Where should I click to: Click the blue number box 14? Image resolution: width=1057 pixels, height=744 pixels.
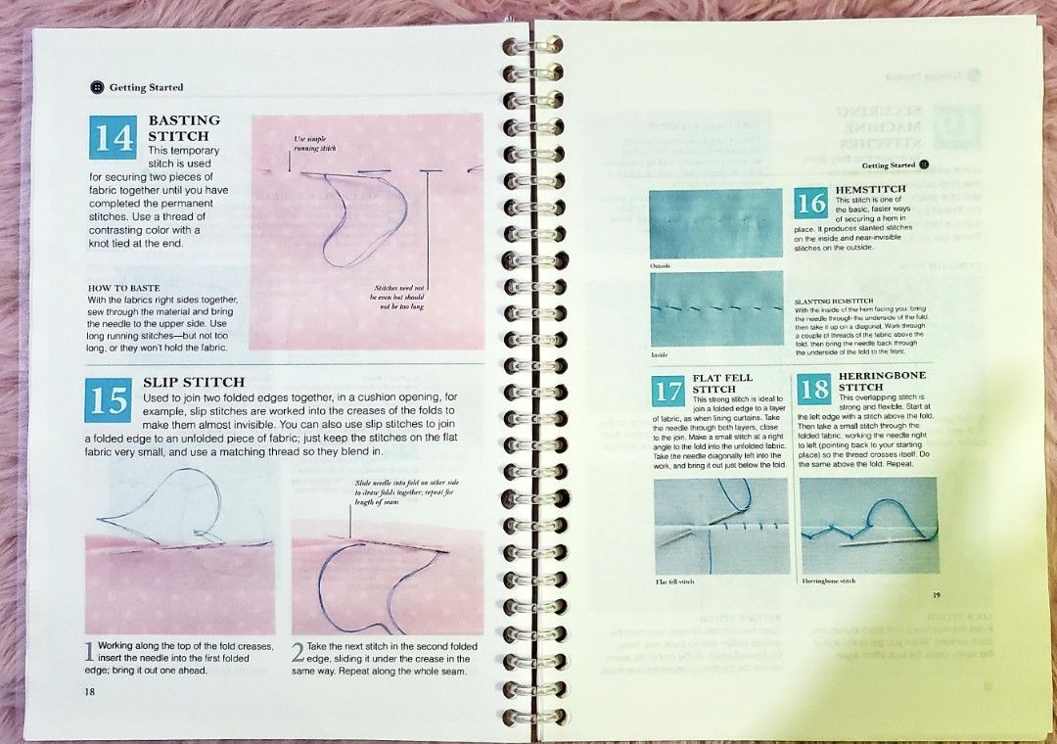click(x=115, y=138)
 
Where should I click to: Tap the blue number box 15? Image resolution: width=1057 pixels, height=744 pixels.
click(x=111, y=399)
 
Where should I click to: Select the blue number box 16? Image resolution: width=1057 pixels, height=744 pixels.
click(x=811, y=204)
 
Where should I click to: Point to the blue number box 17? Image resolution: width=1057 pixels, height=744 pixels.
click(x=668, y=391)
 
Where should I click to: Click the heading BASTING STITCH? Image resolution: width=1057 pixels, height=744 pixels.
click(x=184, y=127)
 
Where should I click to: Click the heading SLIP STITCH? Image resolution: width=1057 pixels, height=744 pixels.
click(x=194, y=381)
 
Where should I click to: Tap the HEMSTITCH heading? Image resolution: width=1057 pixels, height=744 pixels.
click(x=870, y=188)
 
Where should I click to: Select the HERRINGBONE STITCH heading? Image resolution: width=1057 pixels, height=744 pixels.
click(x=881, y=381)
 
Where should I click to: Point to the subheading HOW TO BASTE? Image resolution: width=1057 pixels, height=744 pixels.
click(x=124, y=288)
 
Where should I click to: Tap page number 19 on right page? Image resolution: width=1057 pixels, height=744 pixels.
click(x=936, y=594)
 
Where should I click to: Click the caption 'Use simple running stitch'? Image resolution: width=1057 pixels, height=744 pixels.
click(x=315, y=144)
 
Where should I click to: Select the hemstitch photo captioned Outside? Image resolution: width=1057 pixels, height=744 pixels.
click(x=716, y=223)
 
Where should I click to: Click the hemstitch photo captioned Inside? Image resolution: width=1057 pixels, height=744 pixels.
click(x=716, y=308)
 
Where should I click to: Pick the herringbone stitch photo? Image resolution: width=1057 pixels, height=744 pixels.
click(x=870, y=526)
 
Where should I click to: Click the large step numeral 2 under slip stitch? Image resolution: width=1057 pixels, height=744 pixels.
click(x=298, y=653)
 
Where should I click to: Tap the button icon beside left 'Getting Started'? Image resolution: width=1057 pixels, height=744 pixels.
click(x=97, y=87)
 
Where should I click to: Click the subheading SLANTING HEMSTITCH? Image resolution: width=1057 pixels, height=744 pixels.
click(x=834, y=301)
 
